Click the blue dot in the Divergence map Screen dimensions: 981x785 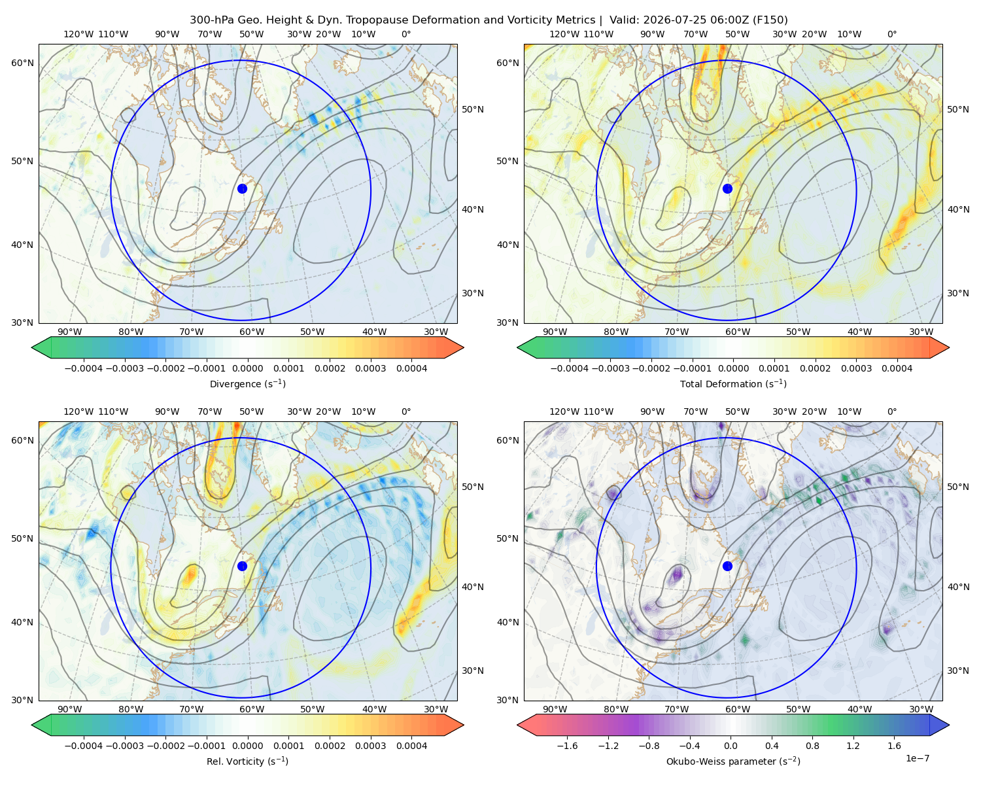click(x=242, y=189)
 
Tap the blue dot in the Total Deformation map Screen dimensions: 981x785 click(x=727, y=189)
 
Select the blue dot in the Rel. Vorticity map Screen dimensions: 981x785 click(x=242, y=566)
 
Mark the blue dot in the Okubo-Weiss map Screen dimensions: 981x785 click(x=727, y=566)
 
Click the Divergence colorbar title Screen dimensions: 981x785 click(x=247, y=384)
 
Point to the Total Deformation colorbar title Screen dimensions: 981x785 click(x=733, y=384)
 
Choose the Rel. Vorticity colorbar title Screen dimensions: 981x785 click(x=247, y=761)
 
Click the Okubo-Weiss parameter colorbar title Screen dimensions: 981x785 click(x=733, y=761)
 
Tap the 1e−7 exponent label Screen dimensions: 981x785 click(x=917, y=759)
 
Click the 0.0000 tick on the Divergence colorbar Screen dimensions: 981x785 click(x=247, y=368)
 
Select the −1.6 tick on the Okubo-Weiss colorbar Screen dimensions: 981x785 click(x=568, y=746)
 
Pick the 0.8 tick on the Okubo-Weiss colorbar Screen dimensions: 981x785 click(x=812, y=746)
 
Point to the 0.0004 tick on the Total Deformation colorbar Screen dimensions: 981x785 click(x=897, y=368)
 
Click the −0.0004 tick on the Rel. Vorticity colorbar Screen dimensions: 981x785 click(x=84, y=746)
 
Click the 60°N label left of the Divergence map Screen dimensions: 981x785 click(x=22, y=63)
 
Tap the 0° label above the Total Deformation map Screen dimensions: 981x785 click(x=891, y=34)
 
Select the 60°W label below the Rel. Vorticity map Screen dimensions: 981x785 click(x=252, y=709)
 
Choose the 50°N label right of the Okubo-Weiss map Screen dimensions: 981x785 click(x=958, y=487)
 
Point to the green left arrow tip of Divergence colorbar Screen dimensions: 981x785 click(x=32, y=347)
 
